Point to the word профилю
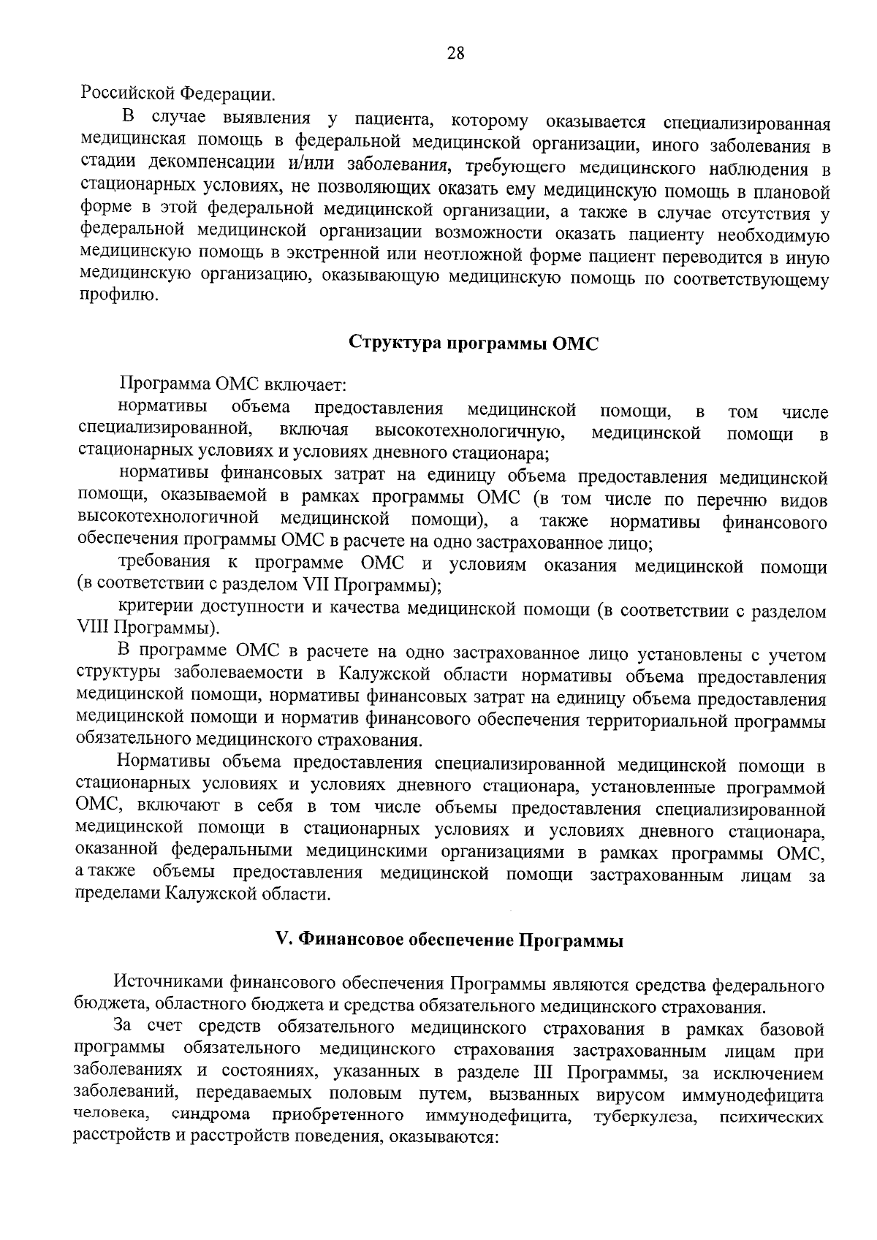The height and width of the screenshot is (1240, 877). pyautogui.click(x=117, y=297)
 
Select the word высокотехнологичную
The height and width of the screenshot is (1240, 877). pyautogui.click(x=471, y=432)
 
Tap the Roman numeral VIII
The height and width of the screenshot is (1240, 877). pyautogui.click(x=93, y=628)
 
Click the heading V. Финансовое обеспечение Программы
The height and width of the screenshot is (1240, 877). pyautogui.click(x=449, y=940)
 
